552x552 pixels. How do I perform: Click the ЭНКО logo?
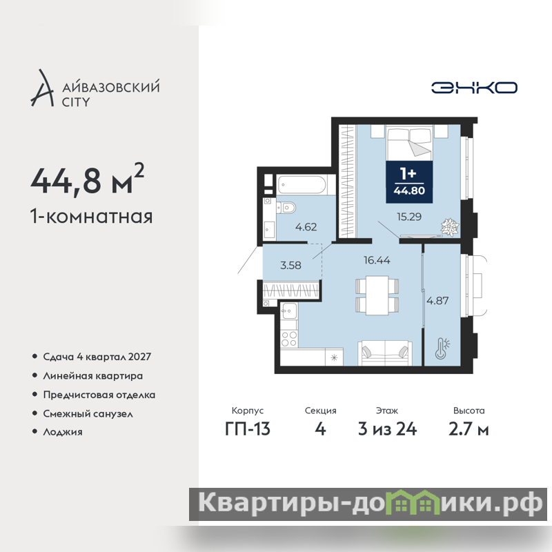coord(474,88)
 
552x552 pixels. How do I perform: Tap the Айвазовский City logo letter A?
coord(43,88)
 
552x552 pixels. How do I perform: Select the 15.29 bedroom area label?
coord(409,217)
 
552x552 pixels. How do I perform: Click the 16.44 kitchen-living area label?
coord(377,260)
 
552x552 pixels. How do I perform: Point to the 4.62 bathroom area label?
coord(306,227)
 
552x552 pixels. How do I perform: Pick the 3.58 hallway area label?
coord(290,265)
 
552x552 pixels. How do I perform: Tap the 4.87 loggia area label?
coord(437,301)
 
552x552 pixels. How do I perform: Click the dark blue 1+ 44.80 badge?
coord(409,182)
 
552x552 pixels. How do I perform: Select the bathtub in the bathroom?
coord(302,184)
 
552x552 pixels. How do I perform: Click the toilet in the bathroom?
coord(286,208)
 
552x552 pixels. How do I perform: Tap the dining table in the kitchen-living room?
coord(377,295)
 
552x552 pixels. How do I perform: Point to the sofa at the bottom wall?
coord(385,353)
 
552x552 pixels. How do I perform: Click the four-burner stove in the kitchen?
coord(289,339)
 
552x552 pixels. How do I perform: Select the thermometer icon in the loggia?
coord(442,348)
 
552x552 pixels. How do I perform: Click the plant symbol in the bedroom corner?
coord(450,227)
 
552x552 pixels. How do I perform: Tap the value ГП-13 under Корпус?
coord(248,429)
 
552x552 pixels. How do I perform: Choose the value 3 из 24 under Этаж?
coord(387,429)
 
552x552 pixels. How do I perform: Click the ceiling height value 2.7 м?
coord(469,429)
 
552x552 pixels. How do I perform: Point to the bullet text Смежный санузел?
coord(88,413)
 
